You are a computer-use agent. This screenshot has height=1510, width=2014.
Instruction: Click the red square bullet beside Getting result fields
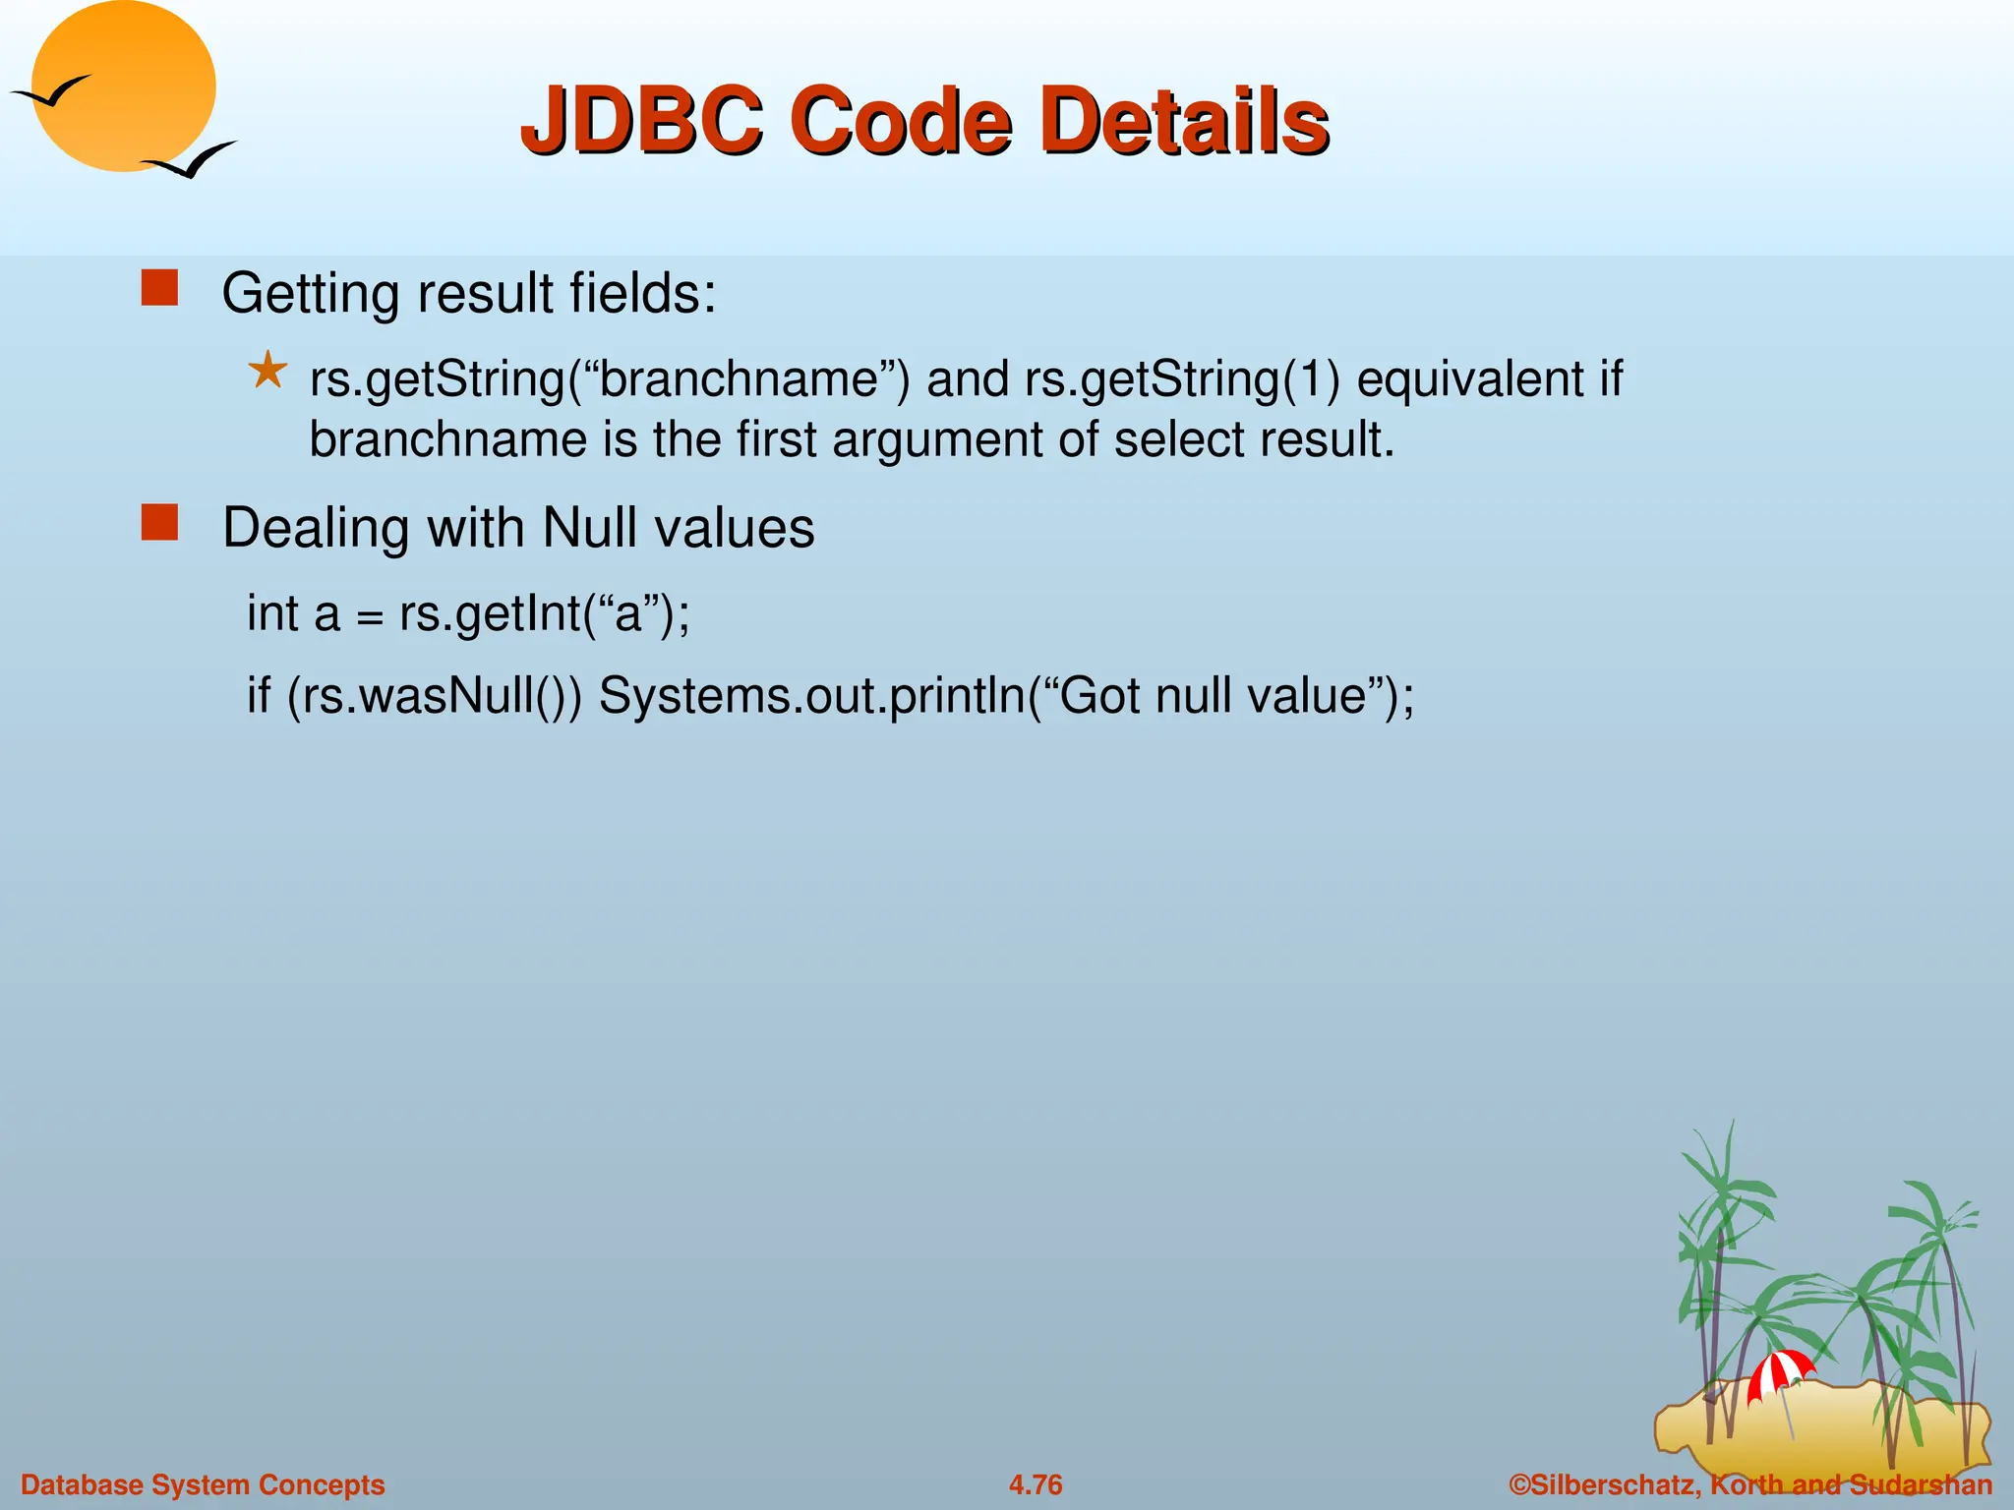(x=159, y=289)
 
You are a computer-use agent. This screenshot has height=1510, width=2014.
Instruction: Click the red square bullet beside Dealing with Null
(x=159, y=523)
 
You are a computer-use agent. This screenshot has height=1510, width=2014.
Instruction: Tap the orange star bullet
(x=267, y=373)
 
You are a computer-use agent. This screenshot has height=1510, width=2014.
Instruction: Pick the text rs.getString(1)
(x=1181, y=379)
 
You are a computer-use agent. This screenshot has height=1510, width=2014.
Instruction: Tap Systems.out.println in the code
(x=811, y=696)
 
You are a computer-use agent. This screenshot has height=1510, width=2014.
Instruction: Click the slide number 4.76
(x=1036, y=1484)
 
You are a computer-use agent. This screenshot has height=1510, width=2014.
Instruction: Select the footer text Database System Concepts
(x=203, y=1484)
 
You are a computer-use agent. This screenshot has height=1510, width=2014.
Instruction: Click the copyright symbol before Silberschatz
(x=1519, y=1484)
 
